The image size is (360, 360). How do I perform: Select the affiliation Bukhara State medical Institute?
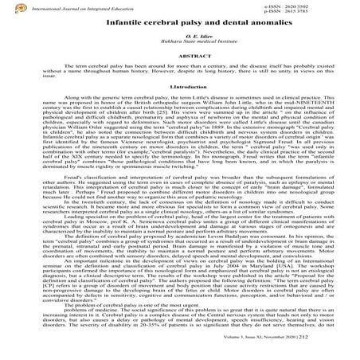coord(180,47)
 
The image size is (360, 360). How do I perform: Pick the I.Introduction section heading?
coord(180,106)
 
